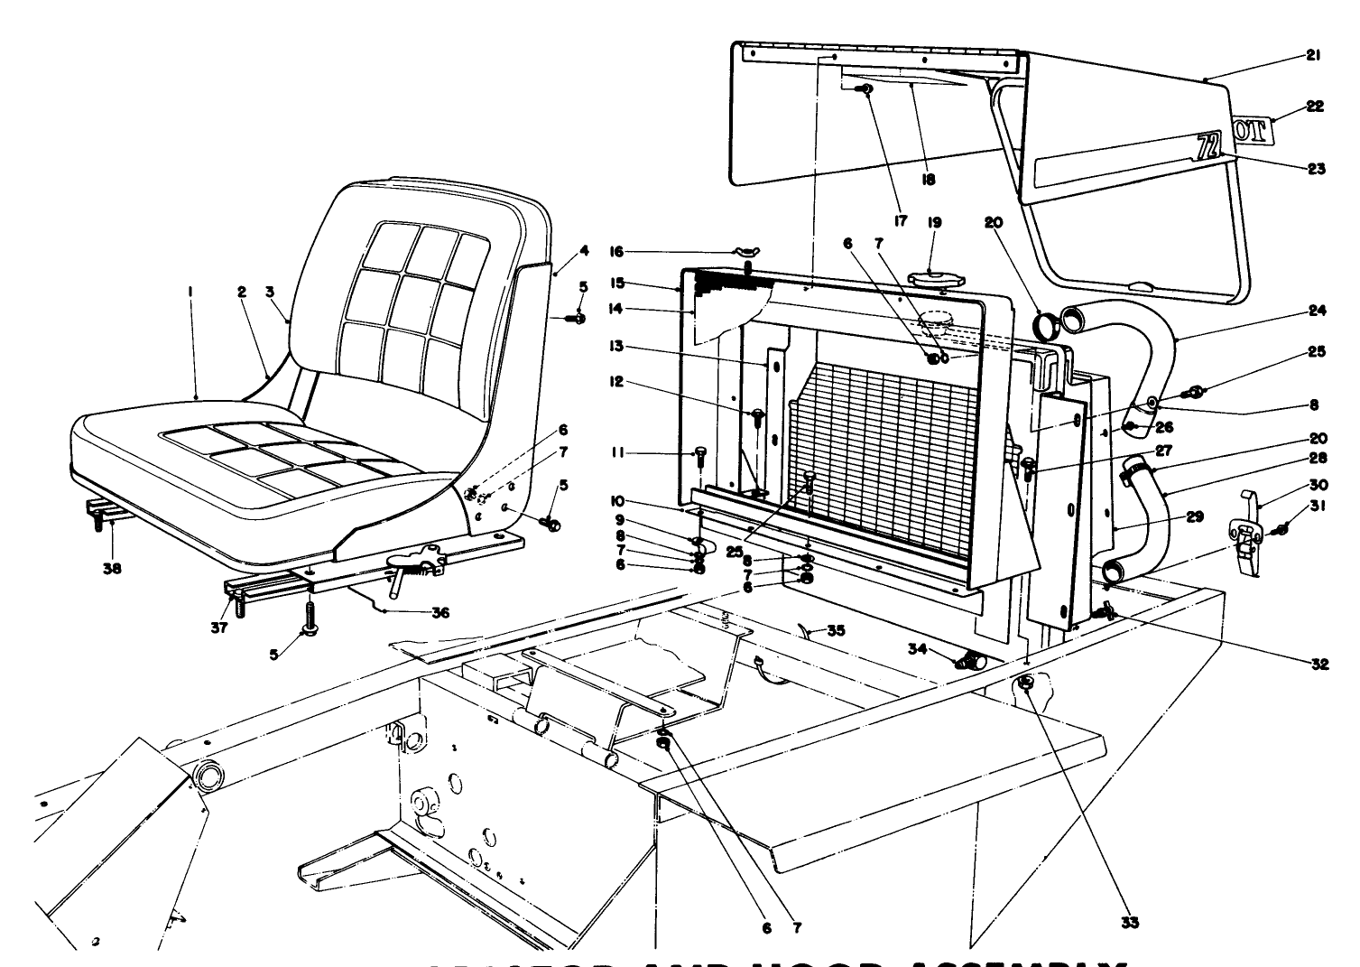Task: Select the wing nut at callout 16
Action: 747,252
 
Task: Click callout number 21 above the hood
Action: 1312,56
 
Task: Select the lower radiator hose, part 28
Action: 1145,524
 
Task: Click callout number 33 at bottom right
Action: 1130,922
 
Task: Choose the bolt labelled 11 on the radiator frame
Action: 700,455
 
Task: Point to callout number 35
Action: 836,631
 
